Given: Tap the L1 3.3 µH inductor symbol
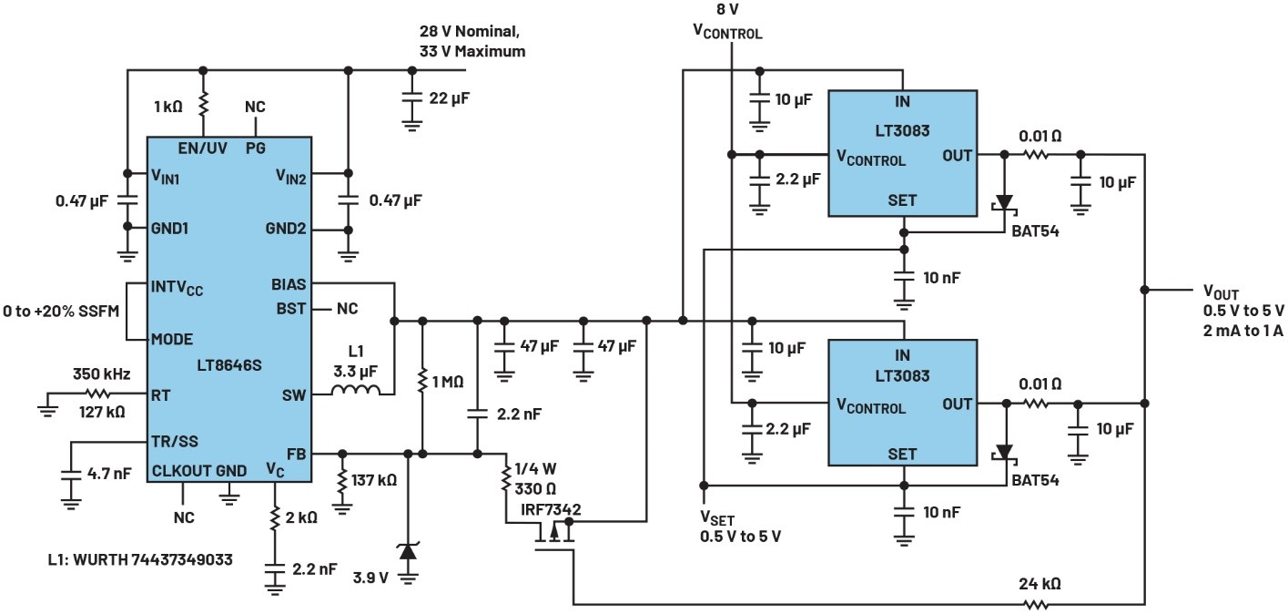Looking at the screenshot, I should (354, 394).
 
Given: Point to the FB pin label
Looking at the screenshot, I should (296, 452).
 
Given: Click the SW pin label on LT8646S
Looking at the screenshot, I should (294, 394).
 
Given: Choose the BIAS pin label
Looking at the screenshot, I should (289, 285).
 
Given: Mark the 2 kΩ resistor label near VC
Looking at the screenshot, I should (300, 517).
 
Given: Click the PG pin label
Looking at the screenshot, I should (256, 147).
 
